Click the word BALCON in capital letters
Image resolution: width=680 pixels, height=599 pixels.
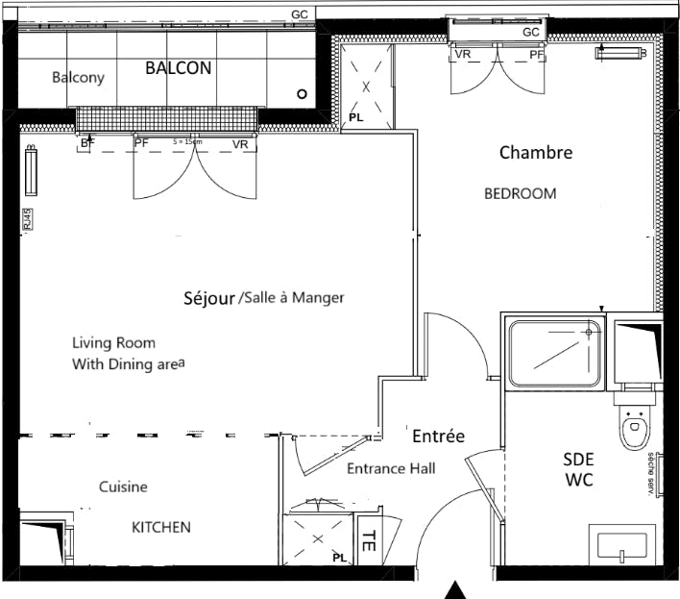tap(178, 68)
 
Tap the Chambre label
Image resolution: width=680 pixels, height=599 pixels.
tap(535, 152)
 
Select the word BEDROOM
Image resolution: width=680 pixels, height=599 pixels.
tap(520, 193)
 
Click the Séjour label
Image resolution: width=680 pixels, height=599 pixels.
tap(208, 298)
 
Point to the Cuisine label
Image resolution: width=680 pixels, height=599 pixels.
tap(123, 487)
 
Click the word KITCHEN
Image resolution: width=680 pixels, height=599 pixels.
tap(160, 527)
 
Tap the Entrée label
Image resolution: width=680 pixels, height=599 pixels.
tap(438, 437)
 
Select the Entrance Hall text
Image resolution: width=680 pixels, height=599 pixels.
tap(391, 468)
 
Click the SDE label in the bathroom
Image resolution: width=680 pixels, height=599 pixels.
tap(578, 461)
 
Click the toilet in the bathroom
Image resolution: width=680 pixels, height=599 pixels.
tap(634, 429)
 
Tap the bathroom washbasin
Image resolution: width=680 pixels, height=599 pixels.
tap(622, 545)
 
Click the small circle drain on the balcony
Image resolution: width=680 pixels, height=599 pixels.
tap(302, 94)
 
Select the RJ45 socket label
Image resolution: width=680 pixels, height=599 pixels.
tap(27, 220)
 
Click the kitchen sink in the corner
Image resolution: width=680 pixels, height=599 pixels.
tap(42, 541)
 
